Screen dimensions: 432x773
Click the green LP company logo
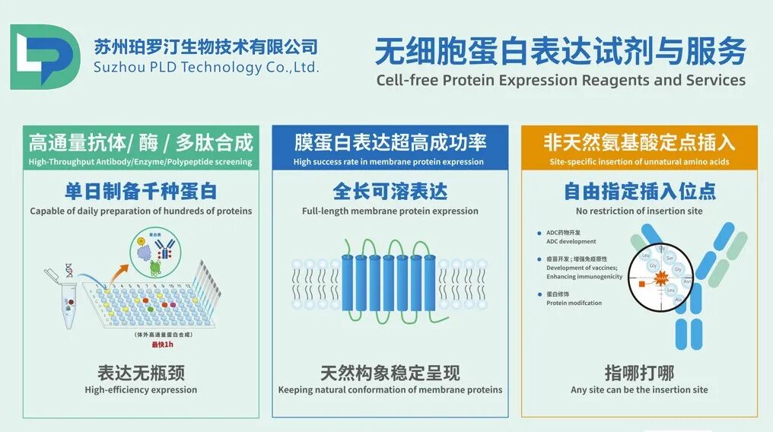44,57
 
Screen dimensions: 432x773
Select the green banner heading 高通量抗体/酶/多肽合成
141,142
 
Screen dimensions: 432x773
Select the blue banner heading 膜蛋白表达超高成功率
390,142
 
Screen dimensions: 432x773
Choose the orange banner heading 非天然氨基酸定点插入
639,142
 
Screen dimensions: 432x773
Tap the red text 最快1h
161,345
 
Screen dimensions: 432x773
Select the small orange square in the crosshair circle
641,283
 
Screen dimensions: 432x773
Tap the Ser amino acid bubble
670,258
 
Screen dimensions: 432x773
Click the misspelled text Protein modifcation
574,303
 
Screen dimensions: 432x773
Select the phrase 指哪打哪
639,373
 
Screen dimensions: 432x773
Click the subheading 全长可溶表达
390,190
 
